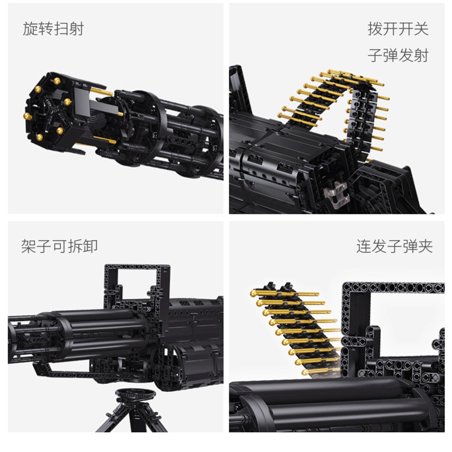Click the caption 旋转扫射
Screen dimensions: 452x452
[x=53, y=29]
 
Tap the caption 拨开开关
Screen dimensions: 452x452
[x=398, y=29]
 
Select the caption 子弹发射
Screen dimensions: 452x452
[x=398, y=55]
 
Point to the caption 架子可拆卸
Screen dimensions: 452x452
[x=59, y=246]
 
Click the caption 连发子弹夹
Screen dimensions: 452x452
[x=394, y=246]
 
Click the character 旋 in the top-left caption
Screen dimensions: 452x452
[x=30, y=29]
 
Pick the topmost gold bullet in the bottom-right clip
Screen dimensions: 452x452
[x=254, y=293]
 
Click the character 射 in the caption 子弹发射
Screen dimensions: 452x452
[x=421, y=55]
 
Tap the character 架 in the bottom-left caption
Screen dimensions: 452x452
[x=29, y=246]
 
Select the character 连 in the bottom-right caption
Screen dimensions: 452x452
[x=364, y=246]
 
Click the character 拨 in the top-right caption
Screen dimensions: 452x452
[x=375, y=29]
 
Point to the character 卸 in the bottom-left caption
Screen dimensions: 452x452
[x=90, y=246]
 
